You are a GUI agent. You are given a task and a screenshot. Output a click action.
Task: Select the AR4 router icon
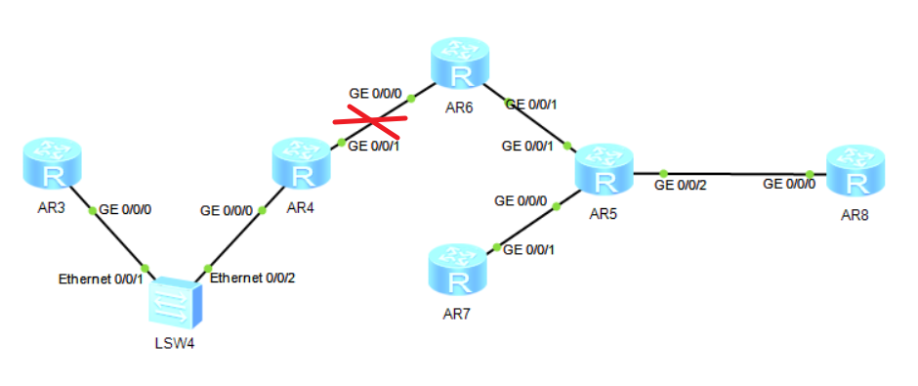(302, 163)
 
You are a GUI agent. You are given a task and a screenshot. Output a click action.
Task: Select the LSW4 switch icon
(175, 303)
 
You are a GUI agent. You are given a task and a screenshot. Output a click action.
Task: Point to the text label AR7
(456, 315)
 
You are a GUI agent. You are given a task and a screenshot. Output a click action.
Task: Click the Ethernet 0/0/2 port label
(253, 278)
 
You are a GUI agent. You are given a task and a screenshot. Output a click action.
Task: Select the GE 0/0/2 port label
(681, 184)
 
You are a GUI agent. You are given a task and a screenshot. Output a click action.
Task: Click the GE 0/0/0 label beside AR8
(788, 184)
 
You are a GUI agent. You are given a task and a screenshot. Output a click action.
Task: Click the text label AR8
(855, 215)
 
